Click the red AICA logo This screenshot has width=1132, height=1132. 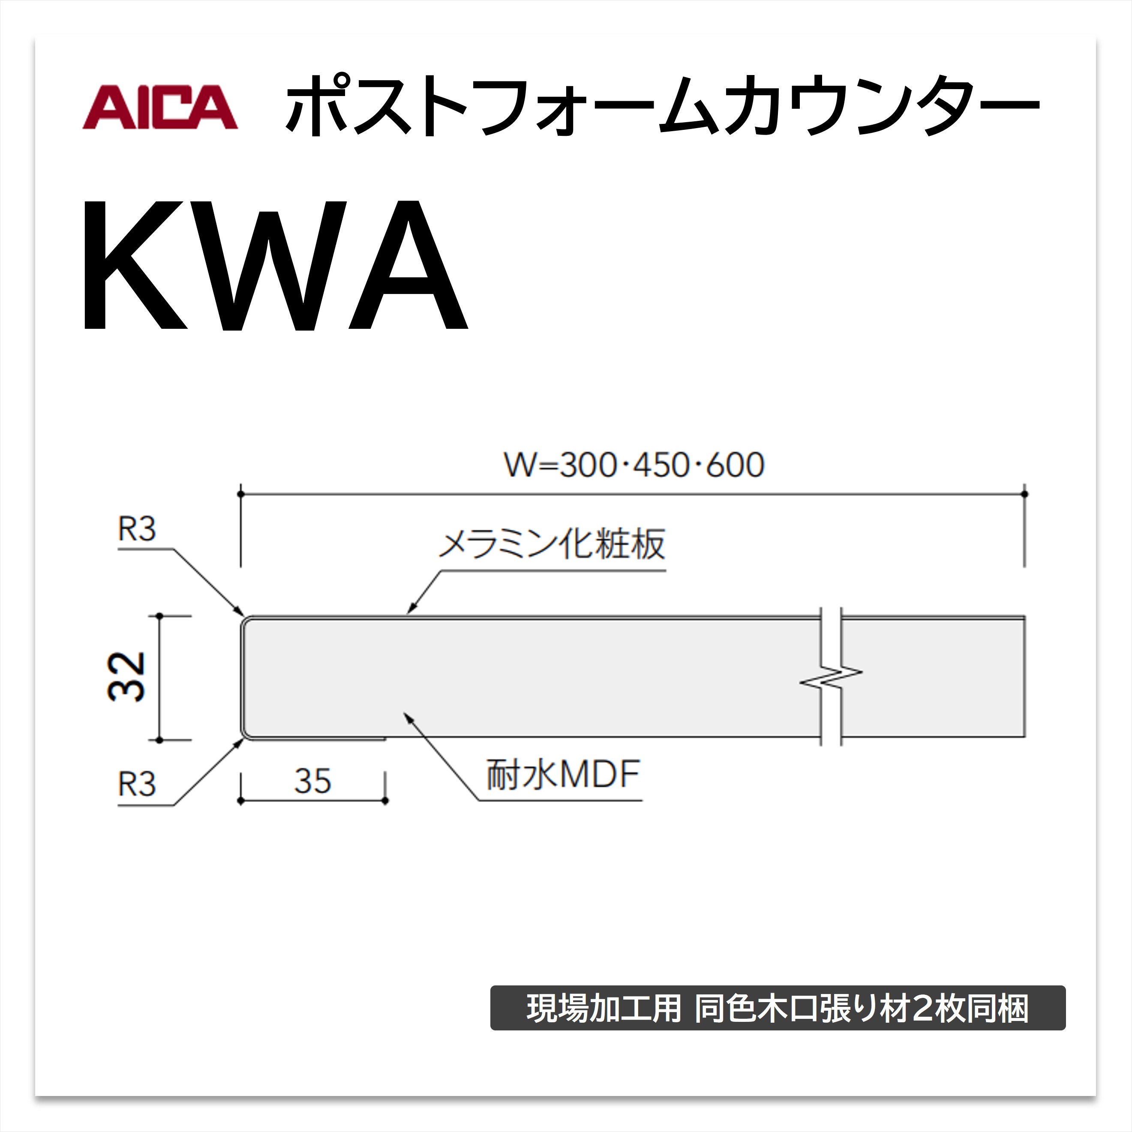pos(160,107)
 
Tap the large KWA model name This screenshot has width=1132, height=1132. pos(275,265)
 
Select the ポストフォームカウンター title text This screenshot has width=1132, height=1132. pos(662,106)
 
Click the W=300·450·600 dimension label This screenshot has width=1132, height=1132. pos(634,465)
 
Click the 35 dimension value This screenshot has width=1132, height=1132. pos(313,781)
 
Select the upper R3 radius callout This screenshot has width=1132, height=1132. pos(137,530)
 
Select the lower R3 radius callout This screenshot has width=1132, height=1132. pos(137,784)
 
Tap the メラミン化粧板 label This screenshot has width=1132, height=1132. pos(552,544)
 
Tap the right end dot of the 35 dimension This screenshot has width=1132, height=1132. pos(385,800)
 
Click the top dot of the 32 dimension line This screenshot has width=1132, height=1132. pos(159,616)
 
